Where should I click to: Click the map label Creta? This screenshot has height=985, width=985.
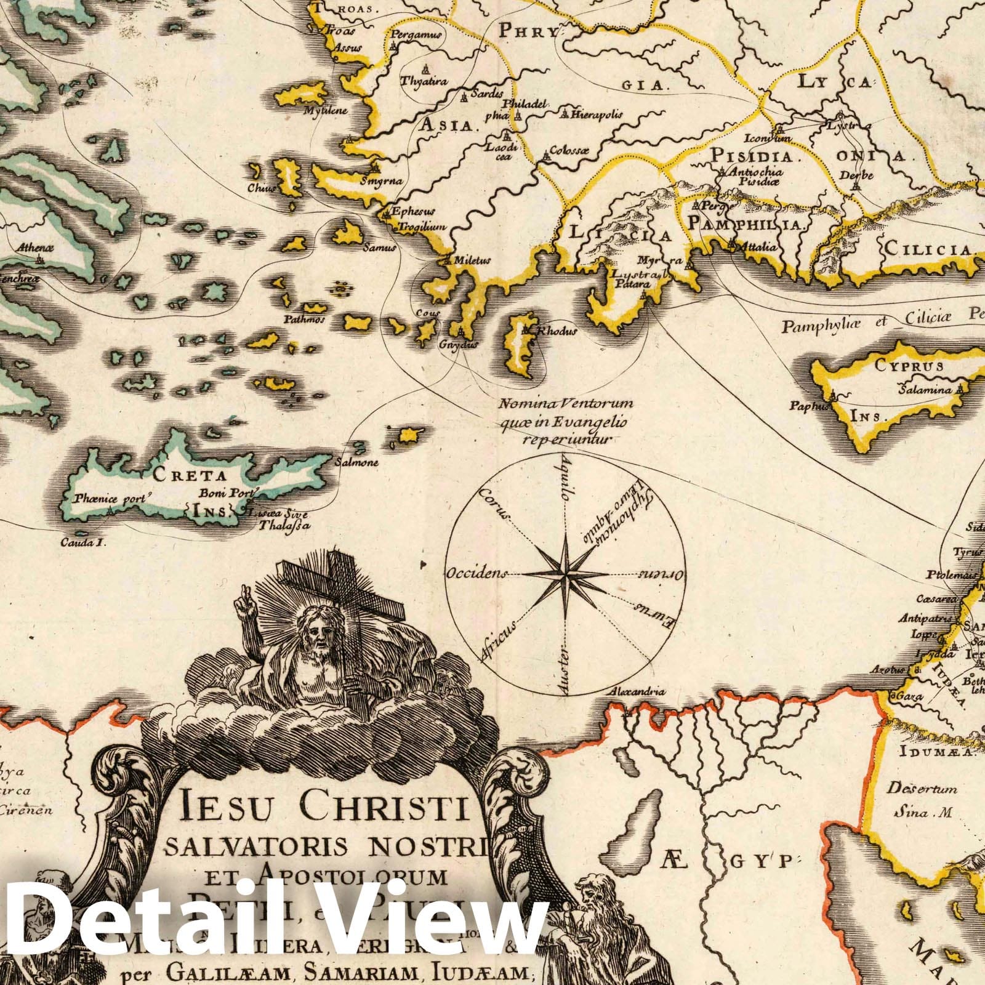(178, 476)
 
